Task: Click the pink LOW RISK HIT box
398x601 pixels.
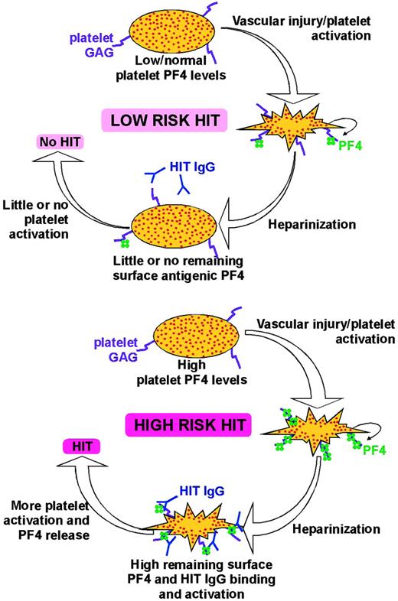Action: (x=163, y=119)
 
